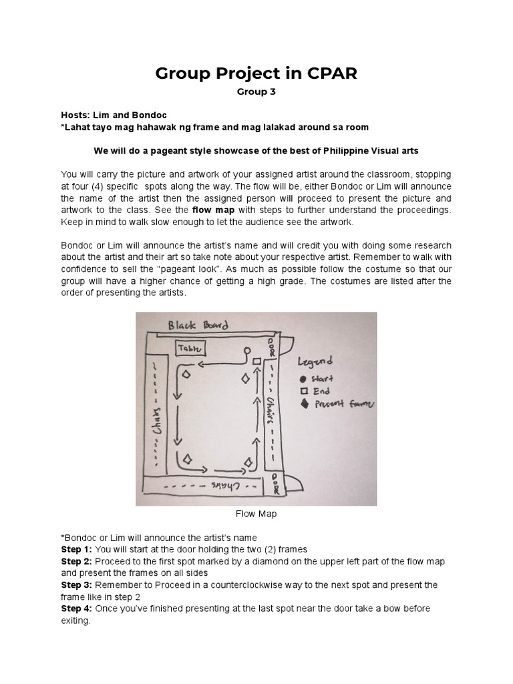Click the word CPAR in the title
click(327, 73)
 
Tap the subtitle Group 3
click(256, 93)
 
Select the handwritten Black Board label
click(198, 325)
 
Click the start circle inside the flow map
click(246, 350)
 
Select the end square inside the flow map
click(256, 361)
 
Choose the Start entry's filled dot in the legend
click(303, 378)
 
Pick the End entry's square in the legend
click(303, 391)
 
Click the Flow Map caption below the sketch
click(256, 514)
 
